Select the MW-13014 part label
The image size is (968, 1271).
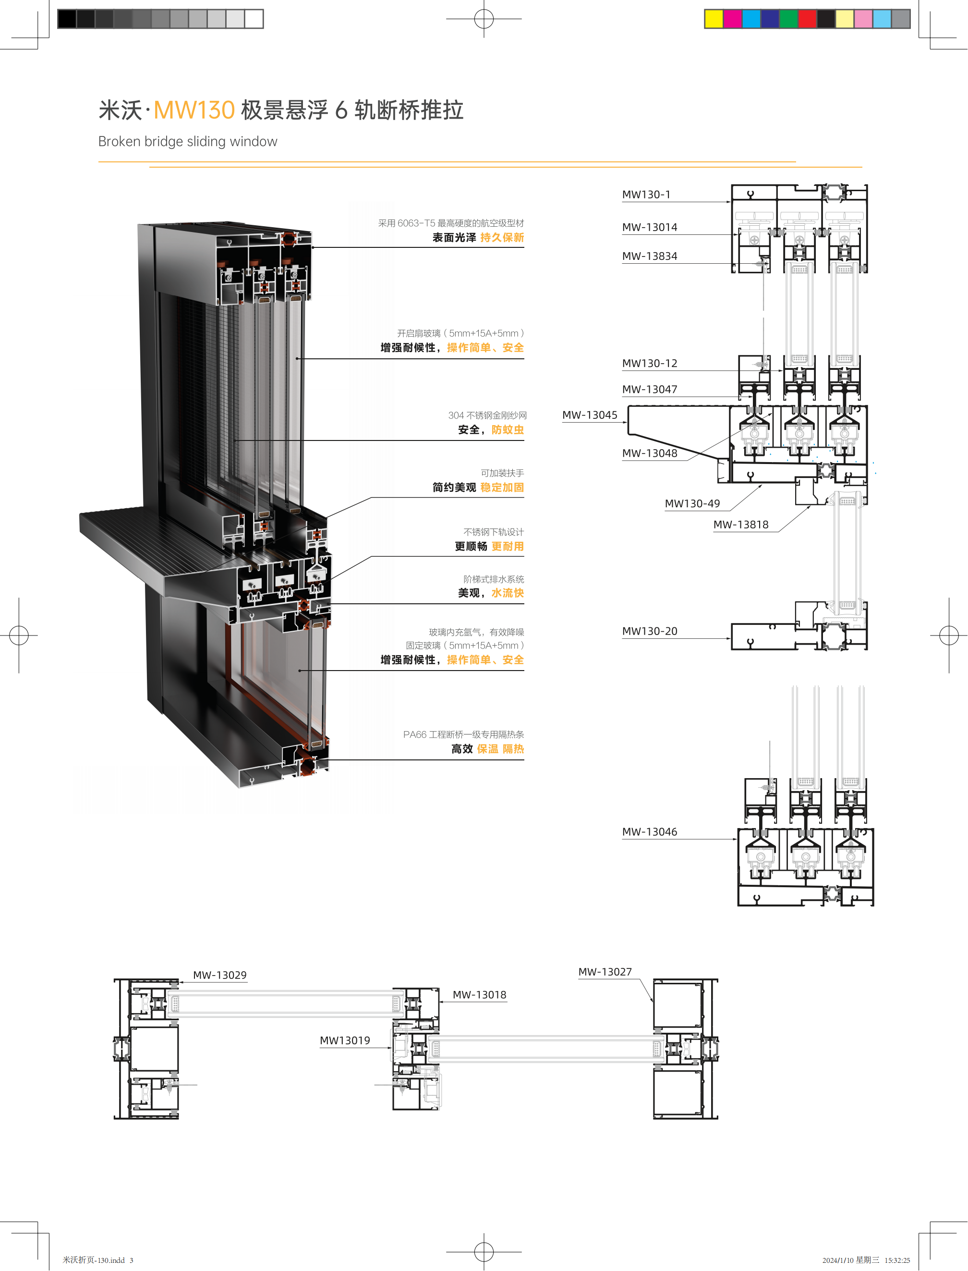(x=649, y=227)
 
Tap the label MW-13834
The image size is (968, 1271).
(x=649, y=256)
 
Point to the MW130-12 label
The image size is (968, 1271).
(x=649, y=363)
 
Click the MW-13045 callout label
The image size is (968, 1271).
(x=590, y=415)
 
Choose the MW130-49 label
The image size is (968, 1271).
(x=692, y=504)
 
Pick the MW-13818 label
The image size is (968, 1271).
(x=740, y=525)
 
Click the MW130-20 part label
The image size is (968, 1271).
(x=649, y=631)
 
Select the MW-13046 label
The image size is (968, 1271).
(x=649, y=832)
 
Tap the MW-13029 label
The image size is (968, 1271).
(x=219, y=975)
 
